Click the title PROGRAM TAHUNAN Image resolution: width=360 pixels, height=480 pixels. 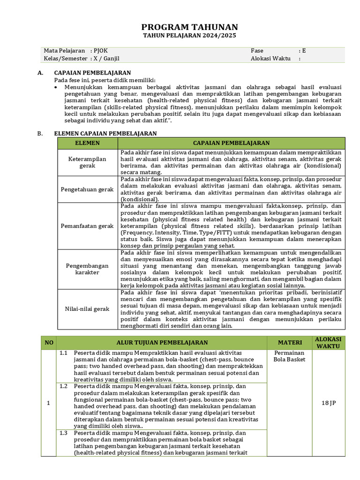click(x=190, y=27)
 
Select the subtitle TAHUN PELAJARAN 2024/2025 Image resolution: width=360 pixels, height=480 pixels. click(x=190, y=36)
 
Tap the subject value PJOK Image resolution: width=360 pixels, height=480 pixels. click(x=101, y=51)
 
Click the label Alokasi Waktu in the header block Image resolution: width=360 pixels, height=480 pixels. click(x=270, y=59)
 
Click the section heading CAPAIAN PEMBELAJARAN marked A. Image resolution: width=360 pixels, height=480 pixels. click(x=92, y=73)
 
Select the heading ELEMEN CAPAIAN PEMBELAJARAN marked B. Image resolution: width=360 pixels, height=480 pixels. click(x=105, y=134)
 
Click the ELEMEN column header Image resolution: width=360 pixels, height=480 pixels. click(x=87, y=143)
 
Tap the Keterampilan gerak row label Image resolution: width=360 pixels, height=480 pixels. click(x=87, y=162)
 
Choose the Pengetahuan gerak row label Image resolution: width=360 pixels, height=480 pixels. click(x=87, y=189)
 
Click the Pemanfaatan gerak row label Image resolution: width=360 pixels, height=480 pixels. click(x=87, y=226)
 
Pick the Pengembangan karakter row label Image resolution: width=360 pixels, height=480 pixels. click(x=87, y=269)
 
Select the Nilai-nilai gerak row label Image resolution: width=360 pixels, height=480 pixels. click(x=87, y=309)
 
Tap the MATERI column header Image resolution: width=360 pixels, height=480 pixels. click(x=290, y=343)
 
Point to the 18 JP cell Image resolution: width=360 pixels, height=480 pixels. click(x=329, y=403)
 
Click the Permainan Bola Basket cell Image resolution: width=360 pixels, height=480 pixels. click(x=290, y=356)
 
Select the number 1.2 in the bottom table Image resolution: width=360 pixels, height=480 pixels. click(x=64, y=386)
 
